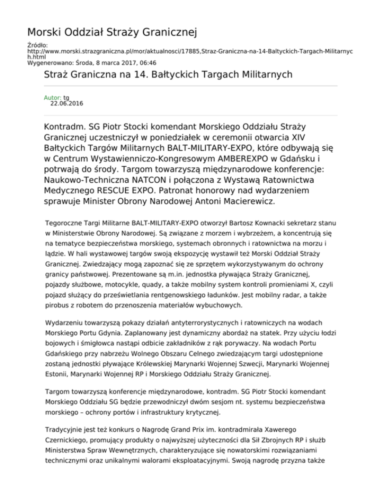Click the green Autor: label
click(x=52, y=97)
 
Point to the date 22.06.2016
click(x=67, y=104)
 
